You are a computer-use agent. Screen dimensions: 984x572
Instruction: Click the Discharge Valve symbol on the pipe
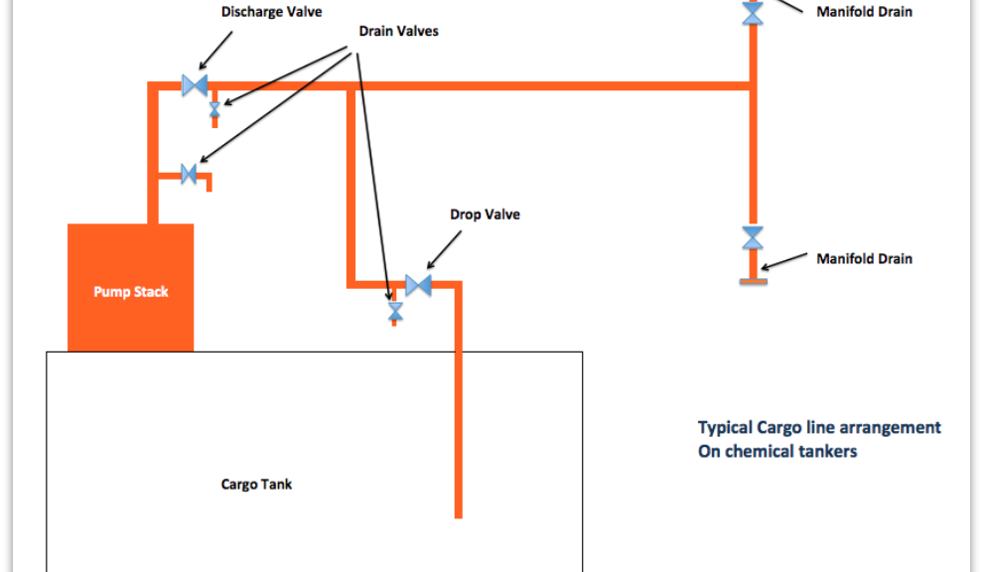click(195, 85)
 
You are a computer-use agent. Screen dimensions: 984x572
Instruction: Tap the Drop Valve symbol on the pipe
click(419, 286)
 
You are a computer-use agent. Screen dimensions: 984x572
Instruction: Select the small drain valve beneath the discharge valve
click(214, 110)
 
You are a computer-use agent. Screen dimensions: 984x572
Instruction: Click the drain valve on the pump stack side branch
click(189, 174)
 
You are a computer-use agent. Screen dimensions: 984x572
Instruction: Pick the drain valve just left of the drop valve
click(395, 311)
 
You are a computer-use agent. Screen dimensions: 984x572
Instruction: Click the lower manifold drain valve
click(753, 238)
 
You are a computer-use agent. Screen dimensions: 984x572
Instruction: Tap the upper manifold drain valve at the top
click(753, 13)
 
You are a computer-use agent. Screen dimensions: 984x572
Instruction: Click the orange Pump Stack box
click(130, 288)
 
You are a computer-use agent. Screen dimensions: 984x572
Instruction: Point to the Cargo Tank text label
click(256, 484)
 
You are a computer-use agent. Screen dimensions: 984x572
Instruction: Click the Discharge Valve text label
click(272, 12)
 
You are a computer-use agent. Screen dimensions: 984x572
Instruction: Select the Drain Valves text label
click(398, 32)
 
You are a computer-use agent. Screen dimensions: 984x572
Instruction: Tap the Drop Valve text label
click(486, 214)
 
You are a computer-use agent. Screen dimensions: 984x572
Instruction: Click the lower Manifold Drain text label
click(864, 258)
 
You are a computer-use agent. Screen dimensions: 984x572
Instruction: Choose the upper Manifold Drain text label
click(864, 12)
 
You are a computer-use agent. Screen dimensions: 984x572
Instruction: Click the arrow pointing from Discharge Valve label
click(215, 51)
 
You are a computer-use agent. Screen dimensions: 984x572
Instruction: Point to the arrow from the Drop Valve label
click(444, 250)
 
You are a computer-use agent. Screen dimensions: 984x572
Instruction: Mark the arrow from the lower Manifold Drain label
click(783, 262)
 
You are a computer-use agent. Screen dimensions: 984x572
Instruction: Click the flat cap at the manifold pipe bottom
click(753, 282)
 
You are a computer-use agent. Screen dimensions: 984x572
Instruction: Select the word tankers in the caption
click(826, 452)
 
